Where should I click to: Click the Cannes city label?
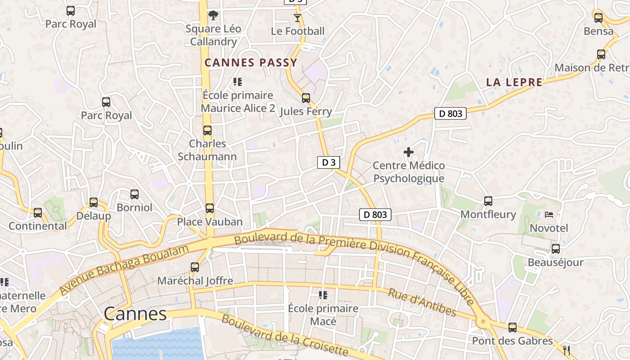[x=135, y=314]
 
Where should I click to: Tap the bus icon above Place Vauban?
[x=209, y=208]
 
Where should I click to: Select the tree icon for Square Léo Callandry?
[x=213, y=16]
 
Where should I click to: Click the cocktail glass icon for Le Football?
[x=297, y=18]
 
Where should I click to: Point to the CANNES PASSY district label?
[x=251, y=63]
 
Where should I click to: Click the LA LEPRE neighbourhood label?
[x=514, y=82]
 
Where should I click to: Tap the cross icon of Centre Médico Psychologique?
[x=408, y=152]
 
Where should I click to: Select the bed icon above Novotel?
[x=549, y=215]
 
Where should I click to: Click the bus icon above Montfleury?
[x=488, y=201]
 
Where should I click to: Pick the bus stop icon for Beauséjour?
[x=555, y=249]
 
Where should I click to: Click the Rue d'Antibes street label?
[x=422, y=302]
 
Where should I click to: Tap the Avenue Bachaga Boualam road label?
[x=124, y=269]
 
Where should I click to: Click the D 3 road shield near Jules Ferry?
[x=328, y=162]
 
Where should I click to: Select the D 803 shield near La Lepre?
[x=450, y=113]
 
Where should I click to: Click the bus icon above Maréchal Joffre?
[x=195, y=267]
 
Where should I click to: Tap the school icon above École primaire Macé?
[x=323, y=295]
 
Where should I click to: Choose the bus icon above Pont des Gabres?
[x=512, y=328]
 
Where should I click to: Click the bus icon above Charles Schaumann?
[x=207, y=130]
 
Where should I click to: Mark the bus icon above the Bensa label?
[x=598, y=18]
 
